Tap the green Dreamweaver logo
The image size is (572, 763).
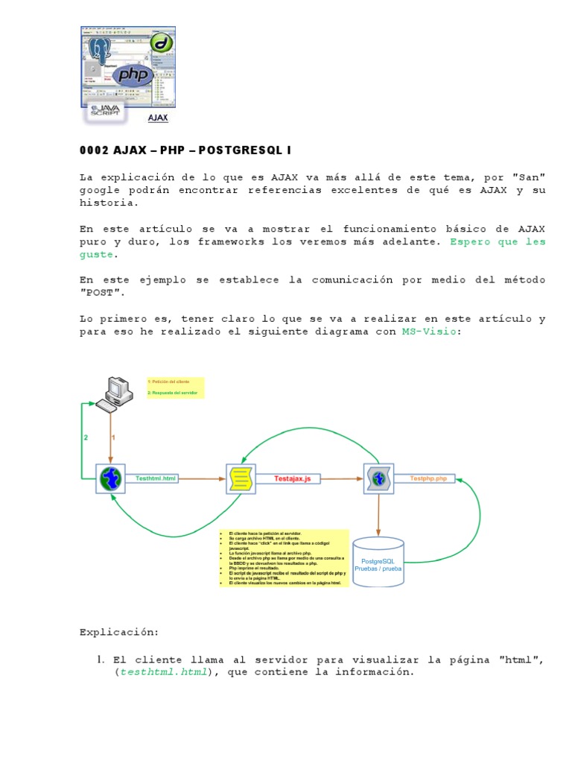[162, 42]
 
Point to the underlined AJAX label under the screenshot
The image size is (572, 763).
[158, 118]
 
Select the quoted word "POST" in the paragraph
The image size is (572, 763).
[102, 293]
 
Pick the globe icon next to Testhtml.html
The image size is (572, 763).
[111, 478]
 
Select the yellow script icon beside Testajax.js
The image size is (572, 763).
[241, 478]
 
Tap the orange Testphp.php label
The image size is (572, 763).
[428, 478]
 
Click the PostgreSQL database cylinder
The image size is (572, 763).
[379, 562]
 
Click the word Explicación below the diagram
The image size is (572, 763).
[119, 633]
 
